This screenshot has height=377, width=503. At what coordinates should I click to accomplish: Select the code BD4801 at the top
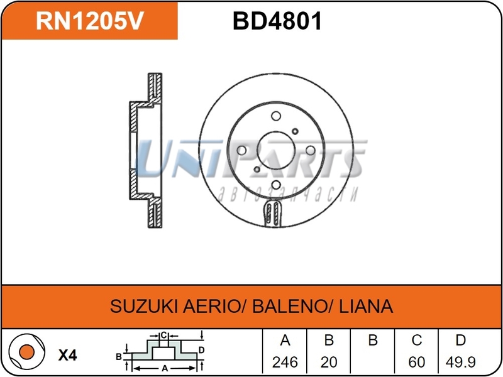click(x=277, y=21)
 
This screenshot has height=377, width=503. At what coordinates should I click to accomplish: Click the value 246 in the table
click(x=285, y=363)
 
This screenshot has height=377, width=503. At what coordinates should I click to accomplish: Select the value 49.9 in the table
click(x=460, y=363)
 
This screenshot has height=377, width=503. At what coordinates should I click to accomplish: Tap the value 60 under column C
click(x=416, y=363)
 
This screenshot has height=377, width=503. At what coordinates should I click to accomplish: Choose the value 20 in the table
click(x=328, y=363)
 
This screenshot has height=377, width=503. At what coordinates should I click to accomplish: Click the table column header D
click(x=460, y=341)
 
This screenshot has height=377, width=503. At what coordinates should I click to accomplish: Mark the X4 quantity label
click(x=67, y=355)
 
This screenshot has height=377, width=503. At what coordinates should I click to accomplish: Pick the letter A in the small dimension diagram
click(x=165, y=369)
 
